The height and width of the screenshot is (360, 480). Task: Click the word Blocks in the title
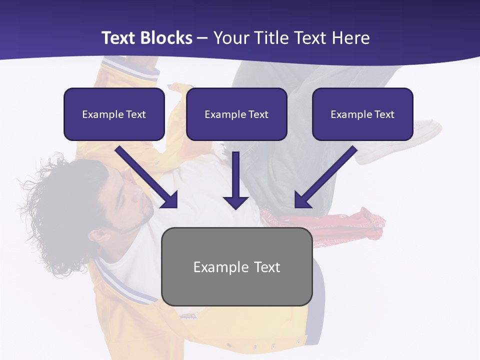tap(165, 38)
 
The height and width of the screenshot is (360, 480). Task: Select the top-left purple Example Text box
tap(114, 114)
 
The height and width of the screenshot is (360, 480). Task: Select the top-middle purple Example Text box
tap(236, 114)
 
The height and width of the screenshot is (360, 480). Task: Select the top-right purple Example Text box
tap(362, 114)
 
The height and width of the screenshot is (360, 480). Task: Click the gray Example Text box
tap(236, 266)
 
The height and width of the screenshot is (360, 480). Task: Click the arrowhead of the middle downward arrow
tap(235, 202)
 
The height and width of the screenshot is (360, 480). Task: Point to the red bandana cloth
tap(360, 222)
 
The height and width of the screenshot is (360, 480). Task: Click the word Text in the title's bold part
tap(118, 38)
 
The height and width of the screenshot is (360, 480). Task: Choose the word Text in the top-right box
tap(384, 114)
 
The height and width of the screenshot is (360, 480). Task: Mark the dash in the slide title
tap(202, 38)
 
